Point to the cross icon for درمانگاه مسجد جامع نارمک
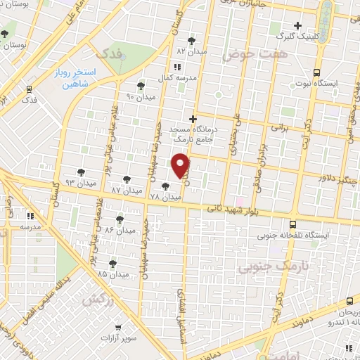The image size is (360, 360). [193, 119]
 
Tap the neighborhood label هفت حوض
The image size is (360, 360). [247, 53]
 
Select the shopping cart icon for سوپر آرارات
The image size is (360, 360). [117, 326]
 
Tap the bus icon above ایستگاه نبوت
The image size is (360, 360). [316, 72]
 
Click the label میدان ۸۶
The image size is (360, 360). [118, 230]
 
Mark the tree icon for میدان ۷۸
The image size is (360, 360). [165, 186]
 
